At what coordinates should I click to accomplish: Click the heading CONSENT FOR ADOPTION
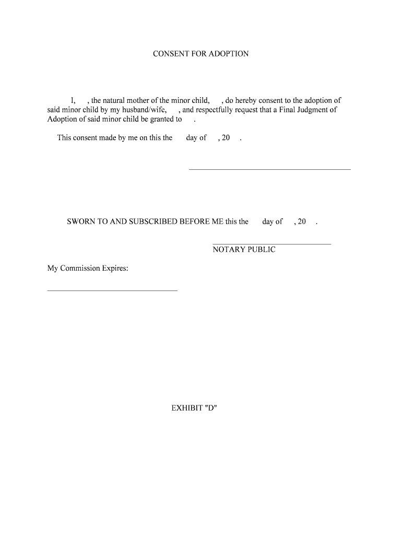[200, 54]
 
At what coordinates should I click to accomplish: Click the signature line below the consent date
[269, 169]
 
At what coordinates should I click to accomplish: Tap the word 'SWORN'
[79, 222]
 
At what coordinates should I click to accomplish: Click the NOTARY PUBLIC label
[244, 250]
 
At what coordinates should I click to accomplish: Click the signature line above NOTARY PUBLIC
[271, 244]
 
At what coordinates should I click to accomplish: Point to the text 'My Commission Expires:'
[88, 269]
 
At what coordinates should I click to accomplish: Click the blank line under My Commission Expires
[112, 290]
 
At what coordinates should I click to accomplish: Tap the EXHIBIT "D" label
[194, 408]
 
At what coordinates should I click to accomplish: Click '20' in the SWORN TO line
[302, 222]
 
